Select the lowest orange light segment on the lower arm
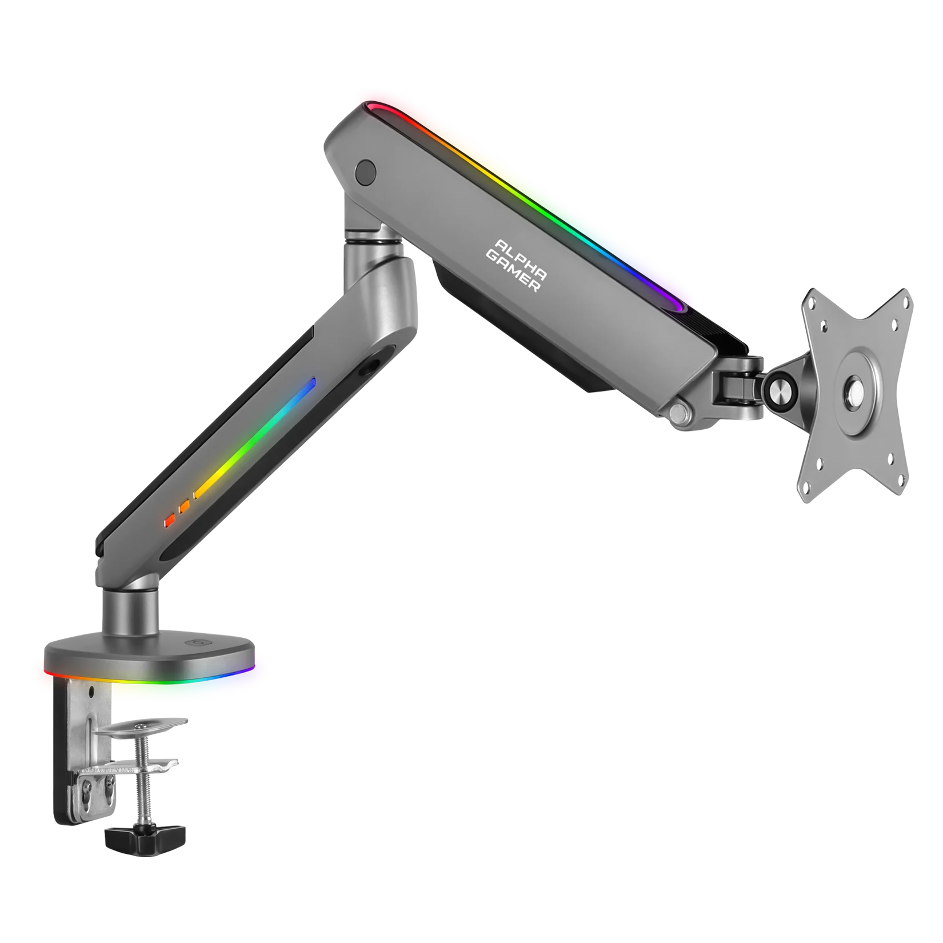point(169,521)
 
